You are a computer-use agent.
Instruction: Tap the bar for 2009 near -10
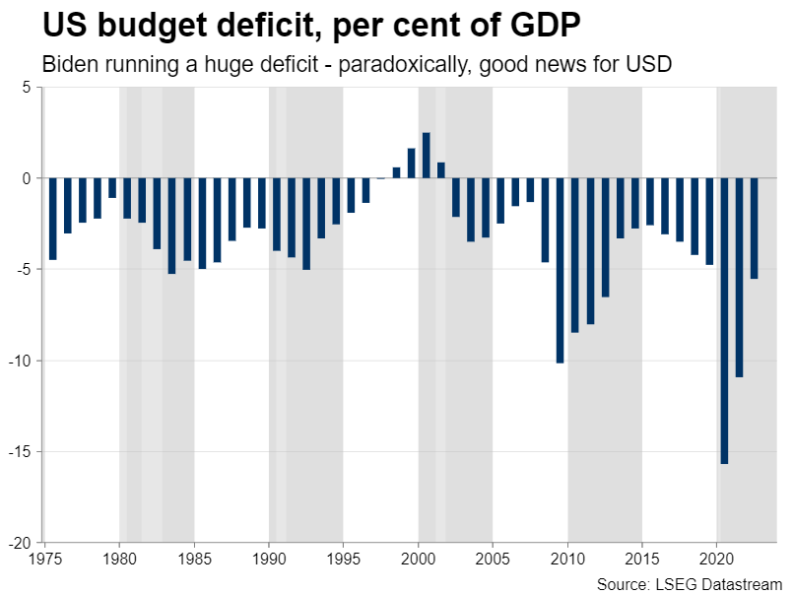560,271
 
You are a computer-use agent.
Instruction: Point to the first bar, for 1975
52,219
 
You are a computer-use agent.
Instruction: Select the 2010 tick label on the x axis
567,558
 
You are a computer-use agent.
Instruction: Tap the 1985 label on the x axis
194,558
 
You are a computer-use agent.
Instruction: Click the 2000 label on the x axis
418,558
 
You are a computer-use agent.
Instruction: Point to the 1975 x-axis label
45,558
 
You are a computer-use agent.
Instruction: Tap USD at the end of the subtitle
653,64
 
